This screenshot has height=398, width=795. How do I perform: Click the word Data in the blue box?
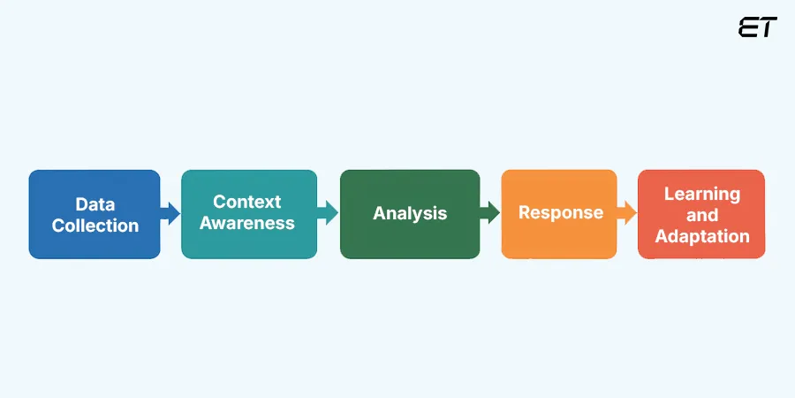(x=95, y=204)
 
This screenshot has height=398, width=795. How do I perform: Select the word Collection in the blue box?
(x=95, y=226)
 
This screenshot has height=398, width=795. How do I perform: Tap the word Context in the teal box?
(x=246, y=203)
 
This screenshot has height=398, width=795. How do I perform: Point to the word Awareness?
(x=246, y=224)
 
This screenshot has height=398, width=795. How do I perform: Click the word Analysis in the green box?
(x=410, y=214)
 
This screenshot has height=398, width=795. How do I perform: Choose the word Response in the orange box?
(x=561, y=213)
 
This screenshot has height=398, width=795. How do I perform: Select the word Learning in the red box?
(x=701, y=194)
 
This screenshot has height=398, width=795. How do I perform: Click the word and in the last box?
(x=701, y=215)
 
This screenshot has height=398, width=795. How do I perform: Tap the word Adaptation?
(x=701, y=236)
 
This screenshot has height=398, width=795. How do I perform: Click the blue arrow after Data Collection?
(x=170, y=213)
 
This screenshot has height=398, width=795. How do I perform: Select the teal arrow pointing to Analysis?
(x=328, y=213)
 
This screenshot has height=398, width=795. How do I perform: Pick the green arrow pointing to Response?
(x=490, y=213)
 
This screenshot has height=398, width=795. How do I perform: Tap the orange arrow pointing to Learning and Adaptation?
(x=626, y=213)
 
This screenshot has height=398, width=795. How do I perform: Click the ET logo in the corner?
(x=758, y=27)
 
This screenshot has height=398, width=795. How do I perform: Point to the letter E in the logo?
(x=749, y=27)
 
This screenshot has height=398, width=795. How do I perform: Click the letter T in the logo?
(x=768, y=27)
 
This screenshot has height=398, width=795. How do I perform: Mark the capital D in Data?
(x=81, y=204)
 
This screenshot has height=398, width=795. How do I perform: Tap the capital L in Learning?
(x=669, y=194)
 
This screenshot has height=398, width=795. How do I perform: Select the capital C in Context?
(x=220, y=203)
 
